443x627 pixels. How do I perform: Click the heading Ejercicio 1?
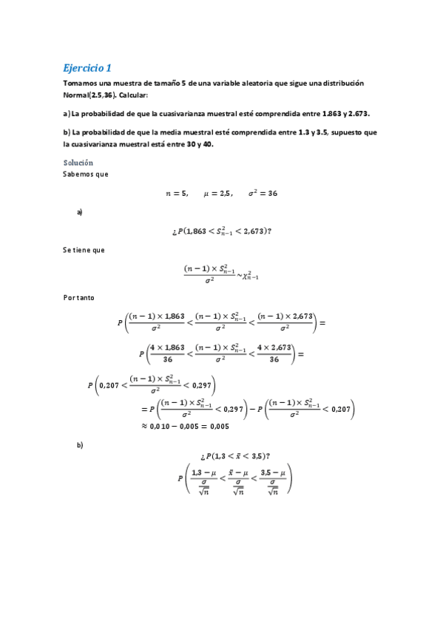click(87, 67)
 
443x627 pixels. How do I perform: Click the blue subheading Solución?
click(78, 162)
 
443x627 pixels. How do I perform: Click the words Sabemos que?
click(87, 174)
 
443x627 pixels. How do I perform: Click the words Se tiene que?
click(84, 250)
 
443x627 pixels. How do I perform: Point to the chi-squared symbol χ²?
click(249, 275)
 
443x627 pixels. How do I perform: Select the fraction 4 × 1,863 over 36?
click(166, 353)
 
